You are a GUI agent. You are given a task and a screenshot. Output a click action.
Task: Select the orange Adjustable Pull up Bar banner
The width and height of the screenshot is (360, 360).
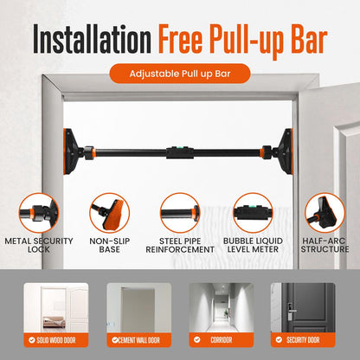tap(180, 73)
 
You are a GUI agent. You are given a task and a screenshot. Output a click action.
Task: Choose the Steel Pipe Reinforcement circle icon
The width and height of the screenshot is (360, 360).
tap(180, 212)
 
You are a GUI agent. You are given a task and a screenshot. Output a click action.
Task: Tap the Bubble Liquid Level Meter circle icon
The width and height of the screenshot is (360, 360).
tap(251, 212)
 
